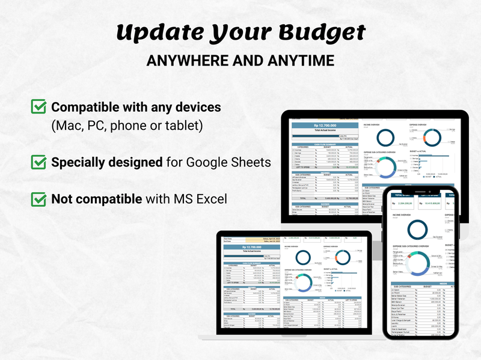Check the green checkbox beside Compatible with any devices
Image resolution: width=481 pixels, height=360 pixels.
(38, 107)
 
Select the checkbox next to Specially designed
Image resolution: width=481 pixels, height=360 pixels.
(38, 162)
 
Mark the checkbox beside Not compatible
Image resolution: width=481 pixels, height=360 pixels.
(38, 198)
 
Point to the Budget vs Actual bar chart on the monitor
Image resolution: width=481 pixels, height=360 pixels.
(424, 164)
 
